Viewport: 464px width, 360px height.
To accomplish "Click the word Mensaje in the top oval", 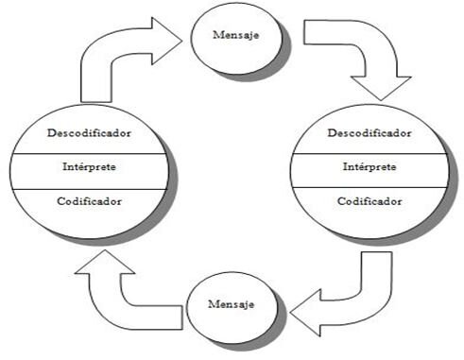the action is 236,35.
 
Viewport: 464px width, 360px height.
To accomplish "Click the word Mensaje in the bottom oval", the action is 231,304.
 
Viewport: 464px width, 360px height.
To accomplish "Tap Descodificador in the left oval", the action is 89,133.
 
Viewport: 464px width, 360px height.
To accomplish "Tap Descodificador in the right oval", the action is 369,133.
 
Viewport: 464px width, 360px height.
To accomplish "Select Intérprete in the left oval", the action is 89,166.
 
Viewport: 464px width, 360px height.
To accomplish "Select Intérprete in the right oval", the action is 369,166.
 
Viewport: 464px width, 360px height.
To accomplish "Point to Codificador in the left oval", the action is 89,201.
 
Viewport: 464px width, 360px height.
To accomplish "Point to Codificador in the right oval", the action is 369,201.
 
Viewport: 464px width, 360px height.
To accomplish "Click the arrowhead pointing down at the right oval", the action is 381,88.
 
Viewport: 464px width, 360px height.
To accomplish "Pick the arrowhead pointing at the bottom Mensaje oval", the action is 305,313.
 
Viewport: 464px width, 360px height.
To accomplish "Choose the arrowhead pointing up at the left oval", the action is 105,262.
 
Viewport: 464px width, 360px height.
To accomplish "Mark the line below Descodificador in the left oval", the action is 89,154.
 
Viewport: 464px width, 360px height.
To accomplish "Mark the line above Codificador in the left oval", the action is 89,189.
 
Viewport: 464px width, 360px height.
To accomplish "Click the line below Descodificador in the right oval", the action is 369,154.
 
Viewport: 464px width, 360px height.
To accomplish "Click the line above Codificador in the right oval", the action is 369,187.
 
